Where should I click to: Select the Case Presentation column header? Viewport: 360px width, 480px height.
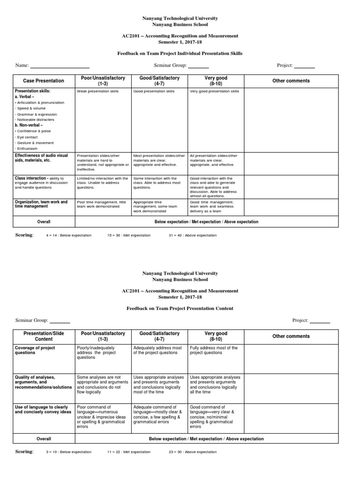(x=44, y=81)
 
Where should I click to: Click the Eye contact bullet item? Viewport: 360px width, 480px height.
(x=28, y=137)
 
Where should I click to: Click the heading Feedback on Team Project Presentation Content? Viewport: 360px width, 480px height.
(x=180, y=308)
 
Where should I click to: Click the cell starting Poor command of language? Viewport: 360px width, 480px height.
(x=101, y=417)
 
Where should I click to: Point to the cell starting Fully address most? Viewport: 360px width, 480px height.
(x=214, y=351)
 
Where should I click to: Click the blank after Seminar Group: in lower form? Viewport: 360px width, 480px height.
(x=60, y=322)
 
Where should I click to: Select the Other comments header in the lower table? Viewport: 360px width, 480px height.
(x=291, y=336)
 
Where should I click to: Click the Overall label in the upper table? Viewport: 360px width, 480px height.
(x=44, y=222)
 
